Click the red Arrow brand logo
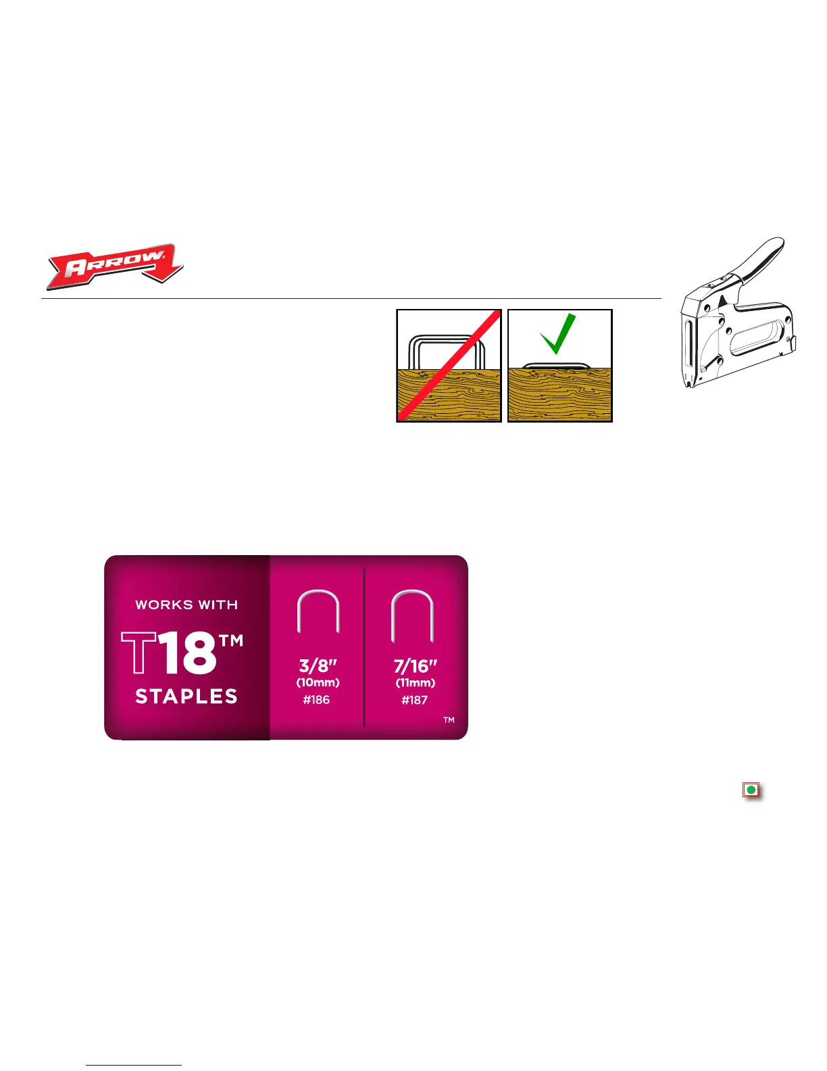pyautogui.click(x=115, y=266)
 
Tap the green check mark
pyautogui.click(x=558, y=333)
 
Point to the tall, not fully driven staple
pyautogui.click(x=447, y=352)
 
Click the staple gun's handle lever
pyautogui.click(x=760, y=260)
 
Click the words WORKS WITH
pyautogui.click(x=186, y=605)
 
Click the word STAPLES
pyautogui.click(x=186, y=696)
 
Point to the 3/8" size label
pyautogui.click(x=318, y=665)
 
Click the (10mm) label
pyautogui.click(x=318, y=683)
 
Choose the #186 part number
pyautogui.click(x=316, y=700)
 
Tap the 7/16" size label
pyautogui.click(x=415, y=665)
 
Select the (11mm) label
pyautogui.click(x=415, y=683)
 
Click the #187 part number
pyautogui.click(x=414, y=700)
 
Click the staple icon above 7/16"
pyautogui.click(x=411, y=615)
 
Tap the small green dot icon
pyautogui.click(x=751, y=790)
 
